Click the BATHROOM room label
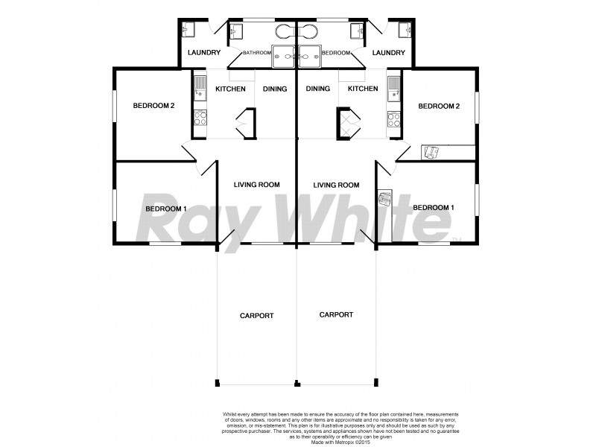(257, 53)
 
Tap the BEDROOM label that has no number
(336, 53)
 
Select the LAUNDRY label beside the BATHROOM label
(203, 53)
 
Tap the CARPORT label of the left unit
(256, 316)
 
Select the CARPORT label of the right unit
(336, 315)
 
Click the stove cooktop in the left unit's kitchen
(200, 118)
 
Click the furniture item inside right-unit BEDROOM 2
(430, 153)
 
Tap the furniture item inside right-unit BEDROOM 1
(385, 199)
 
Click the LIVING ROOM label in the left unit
(256, 185)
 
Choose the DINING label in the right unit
(318, 89)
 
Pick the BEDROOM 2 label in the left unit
(153, 106)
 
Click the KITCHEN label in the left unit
(230, 89)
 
